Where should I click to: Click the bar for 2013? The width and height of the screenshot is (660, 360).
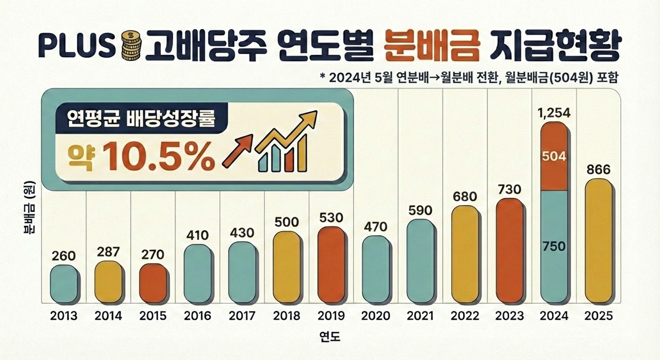(x=64, y=284)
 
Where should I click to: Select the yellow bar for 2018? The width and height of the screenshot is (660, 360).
(x=287, y=267)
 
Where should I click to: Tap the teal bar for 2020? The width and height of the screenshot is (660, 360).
(x=376, y=269)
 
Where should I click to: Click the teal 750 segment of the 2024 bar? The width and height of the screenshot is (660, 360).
(x=555, y=247)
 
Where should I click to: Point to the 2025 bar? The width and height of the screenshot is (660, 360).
(x=599, y=240)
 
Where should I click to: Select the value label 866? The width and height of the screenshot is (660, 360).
(x=599, y=170)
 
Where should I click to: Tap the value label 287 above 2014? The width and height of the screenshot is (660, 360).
(x=109, y=252)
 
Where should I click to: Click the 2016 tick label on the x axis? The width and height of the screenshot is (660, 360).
(x=197, y=316)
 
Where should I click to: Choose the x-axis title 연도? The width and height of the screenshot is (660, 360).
(x=330, y=338)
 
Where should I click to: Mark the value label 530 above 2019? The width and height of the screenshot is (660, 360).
(x=331, y=218)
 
